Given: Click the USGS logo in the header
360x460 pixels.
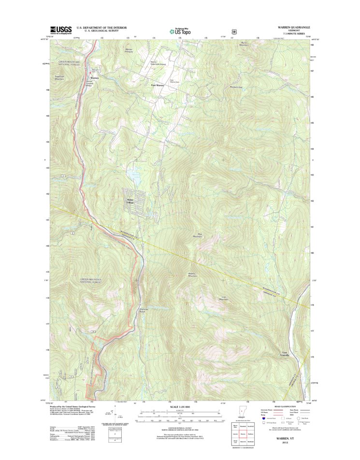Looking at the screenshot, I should click(x=60, y=30).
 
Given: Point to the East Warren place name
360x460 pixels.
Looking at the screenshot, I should click(x=157, y=86).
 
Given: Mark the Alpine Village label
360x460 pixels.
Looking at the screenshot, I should click(x=130, y=201).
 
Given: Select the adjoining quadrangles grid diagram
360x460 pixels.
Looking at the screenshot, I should click(x=247, y=431).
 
